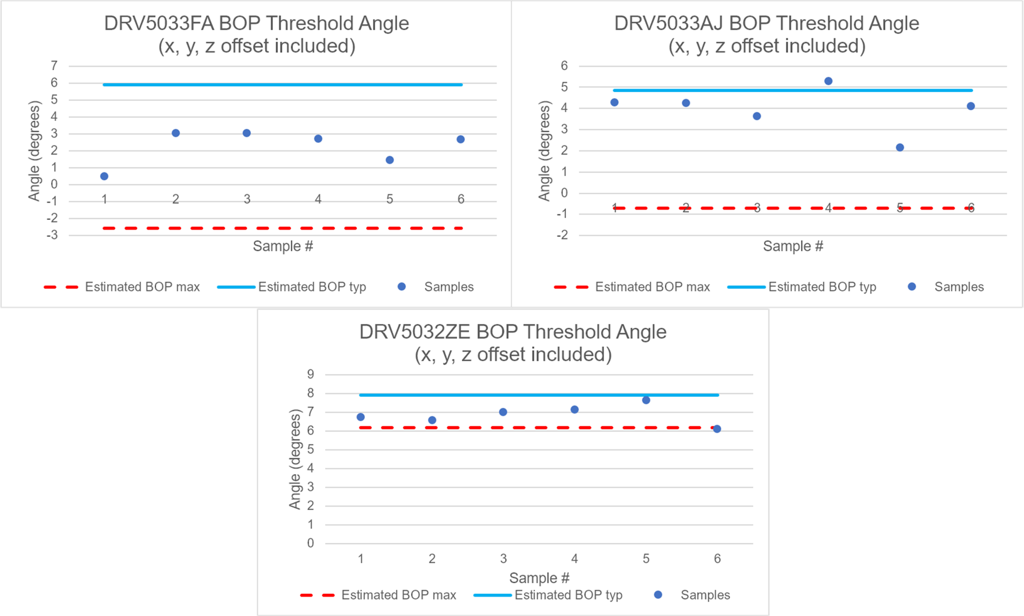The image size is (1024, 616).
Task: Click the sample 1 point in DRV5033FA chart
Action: [x=104, y=176]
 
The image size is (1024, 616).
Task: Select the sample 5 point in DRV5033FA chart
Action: [x=390, y=160]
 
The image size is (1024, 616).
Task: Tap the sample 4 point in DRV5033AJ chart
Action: [x=828, y=81]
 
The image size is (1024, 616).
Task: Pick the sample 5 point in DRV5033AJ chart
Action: [x=900, y=147]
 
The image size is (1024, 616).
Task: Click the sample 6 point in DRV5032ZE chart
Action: [x=717, y=429]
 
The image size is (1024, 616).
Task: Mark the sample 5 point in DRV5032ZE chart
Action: [x=646, y=400]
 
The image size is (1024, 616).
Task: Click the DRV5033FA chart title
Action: [x=256, y=34]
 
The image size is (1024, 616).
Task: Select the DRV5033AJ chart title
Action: [x=767, y=34]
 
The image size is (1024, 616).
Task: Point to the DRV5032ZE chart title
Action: [x=513, y=343]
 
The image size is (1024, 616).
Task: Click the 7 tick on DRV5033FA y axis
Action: [x=54, y=65]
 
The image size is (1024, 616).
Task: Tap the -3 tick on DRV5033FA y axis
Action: [x=52, y=235]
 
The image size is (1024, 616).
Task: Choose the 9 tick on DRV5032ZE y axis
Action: [x=311, y=374]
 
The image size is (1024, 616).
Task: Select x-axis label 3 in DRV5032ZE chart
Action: [x=503, y=558]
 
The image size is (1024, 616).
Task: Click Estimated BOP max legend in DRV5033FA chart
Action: [x=142, y=287]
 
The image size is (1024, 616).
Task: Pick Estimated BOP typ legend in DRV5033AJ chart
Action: [x=822, y=287]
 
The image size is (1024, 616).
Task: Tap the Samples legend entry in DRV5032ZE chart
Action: [x=705, y=595]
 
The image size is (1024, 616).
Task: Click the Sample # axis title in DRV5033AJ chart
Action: [x=793, y=246]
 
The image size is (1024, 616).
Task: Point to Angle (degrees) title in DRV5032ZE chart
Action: [x=295, y=459]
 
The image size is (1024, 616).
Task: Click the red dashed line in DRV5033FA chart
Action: [x=283, y=228]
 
